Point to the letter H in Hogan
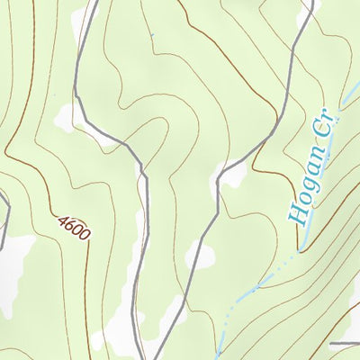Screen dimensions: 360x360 294,214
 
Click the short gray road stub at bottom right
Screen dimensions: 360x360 344,344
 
